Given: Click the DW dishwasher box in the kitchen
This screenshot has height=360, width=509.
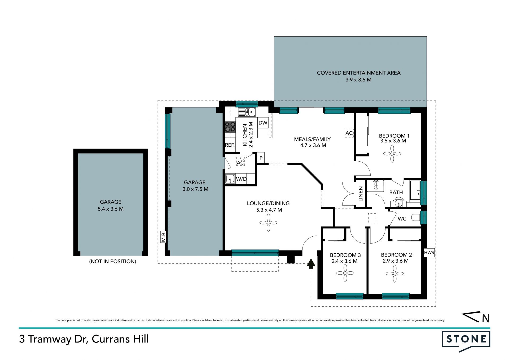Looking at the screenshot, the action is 263,123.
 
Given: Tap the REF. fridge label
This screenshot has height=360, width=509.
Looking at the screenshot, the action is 230,145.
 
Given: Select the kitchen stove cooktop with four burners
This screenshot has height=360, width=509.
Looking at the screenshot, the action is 230,127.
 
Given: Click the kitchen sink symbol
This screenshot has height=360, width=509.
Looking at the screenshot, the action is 247,112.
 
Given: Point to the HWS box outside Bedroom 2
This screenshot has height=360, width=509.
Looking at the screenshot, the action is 429,253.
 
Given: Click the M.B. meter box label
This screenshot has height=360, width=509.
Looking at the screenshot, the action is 163,237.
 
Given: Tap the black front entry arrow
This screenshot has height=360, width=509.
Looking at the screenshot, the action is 311,264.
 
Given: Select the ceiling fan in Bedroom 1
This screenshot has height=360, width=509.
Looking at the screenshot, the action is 392,154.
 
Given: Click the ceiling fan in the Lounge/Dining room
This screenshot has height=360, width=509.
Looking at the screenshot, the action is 268,223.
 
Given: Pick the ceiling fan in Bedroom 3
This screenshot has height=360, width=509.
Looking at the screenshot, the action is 345,273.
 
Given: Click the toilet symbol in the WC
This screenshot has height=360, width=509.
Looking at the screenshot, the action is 416,218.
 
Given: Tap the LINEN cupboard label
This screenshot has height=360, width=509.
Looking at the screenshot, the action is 361,194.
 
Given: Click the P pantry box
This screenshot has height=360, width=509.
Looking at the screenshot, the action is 261,158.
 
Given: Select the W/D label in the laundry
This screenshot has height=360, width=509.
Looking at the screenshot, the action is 241,179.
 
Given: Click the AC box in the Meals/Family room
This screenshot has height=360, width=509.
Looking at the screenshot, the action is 349,133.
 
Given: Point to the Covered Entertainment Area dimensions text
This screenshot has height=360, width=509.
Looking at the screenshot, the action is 358,80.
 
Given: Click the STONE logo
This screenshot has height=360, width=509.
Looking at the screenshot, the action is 466,341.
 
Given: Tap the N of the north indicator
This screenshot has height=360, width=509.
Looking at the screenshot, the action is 486,318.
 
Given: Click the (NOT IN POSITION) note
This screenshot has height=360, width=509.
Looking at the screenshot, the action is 113,262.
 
